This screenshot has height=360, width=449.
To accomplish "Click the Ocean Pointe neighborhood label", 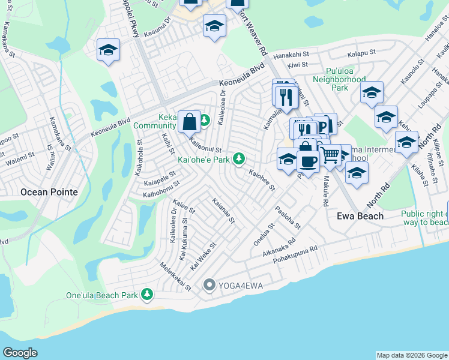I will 49,192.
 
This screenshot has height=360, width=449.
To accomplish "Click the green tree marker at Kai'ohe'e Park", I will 239,158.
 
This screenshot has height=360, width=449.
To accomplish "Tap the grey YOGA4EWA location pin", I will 209,285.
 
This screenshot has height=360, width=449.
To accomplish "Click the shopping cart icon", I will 330,155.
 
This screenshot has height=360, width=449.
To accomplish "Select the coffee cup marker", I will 308,162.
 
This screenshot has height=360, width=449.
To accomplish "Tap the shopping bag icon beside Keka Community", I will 189,121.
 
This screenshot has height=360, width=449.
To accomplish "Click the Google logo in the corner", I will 20,353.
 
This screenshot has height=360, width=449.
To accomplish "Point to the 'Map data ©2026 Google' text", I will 411,355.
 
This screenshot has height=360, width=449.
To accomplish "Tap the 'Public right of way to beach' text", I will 424,218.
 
